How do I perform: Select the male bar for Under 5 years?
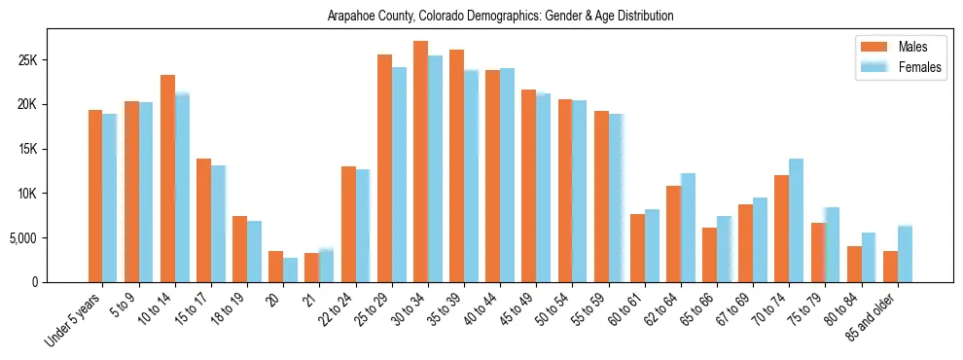click(95, 196)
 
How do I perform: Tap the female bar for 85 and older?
click(905, 254)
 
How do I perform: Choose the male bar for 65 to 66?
click(709, 255)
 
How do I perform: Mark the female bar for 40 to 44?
click(507, 175)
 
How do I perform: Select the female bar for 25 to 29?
click(399, 174)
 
